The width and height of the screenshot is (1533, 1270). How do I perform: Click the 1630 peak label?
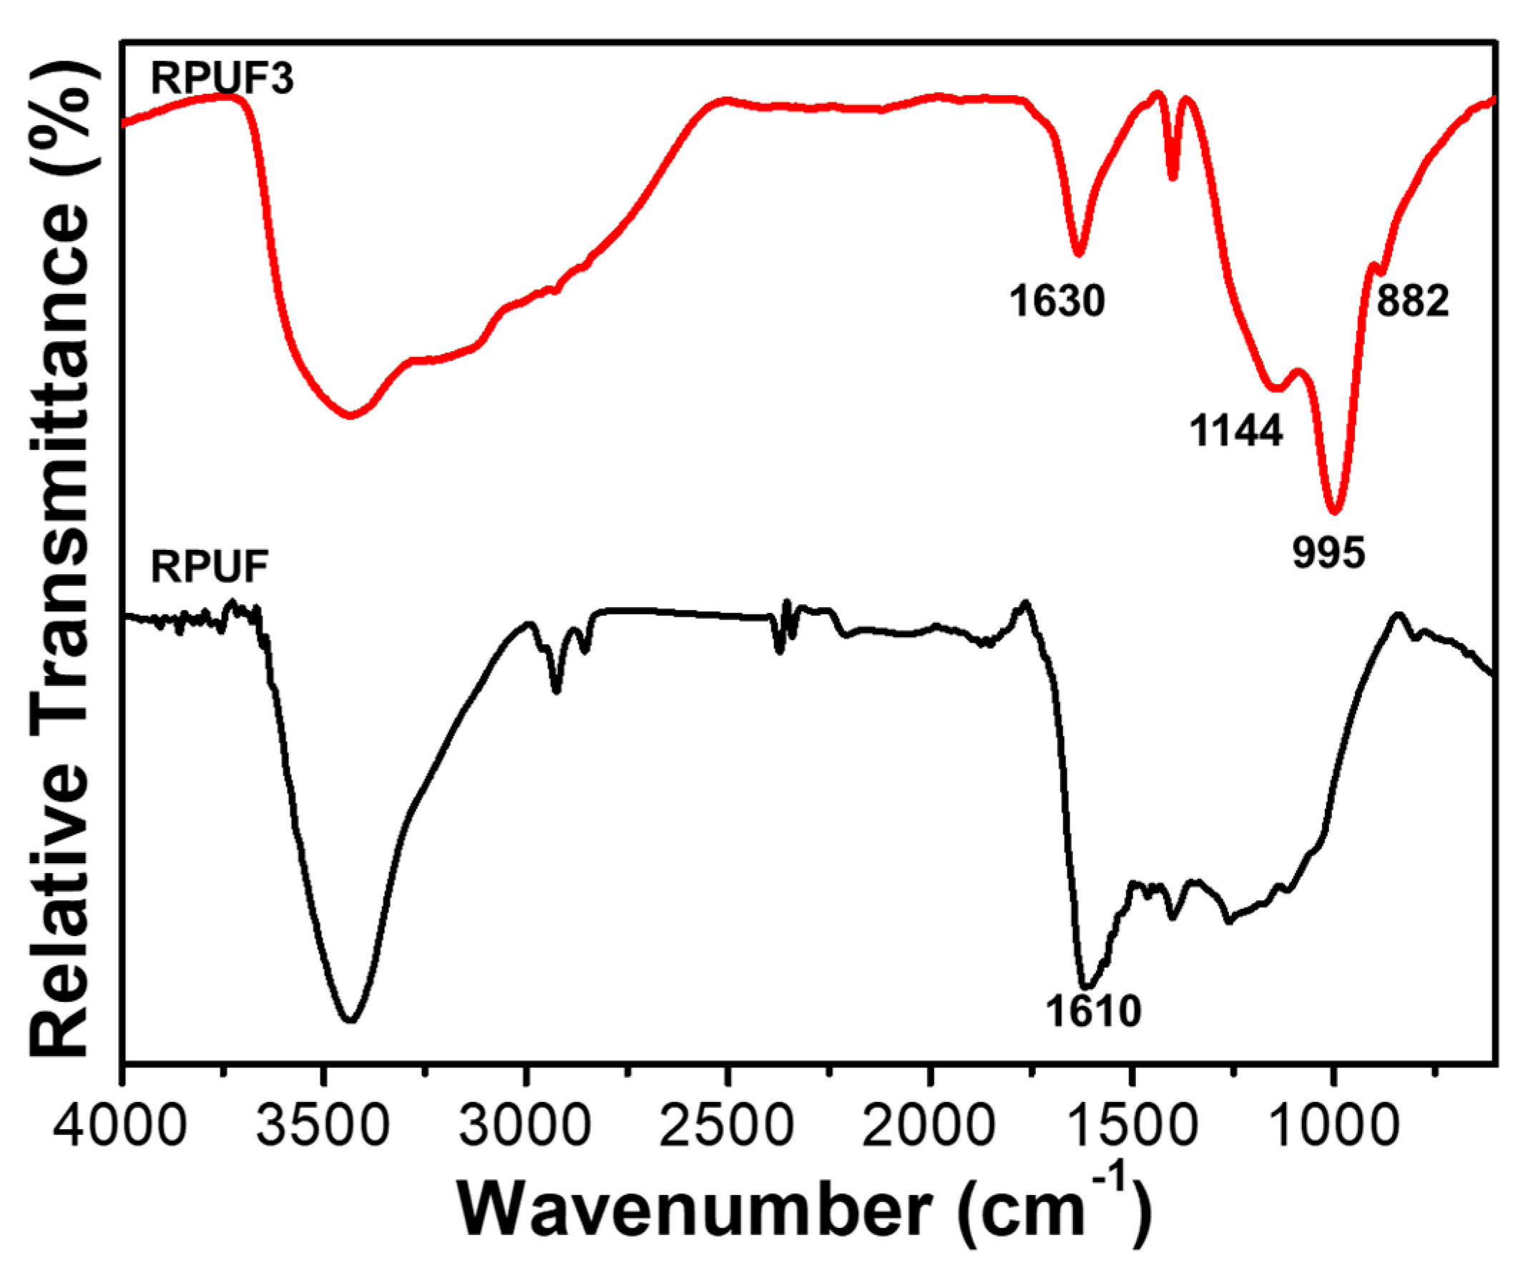(x=1057, y=301)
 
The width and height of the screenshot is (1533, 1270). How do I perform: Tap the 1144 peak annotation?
(x=1236, y=430)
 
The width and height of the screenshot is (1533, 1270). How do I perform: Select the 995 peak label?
(x=1328, y=553)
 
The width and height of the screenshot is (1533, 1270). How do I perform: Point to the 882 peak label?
(x=1412, y=300)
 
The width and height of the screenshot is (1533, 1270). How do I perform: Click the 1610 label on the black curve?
(x=1093, y=1012)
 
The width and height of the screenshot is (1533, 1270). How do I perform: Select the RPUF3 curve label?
(x=222, y=78)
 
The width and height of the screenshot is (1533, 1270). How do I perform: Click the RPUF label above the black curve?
(x=210, y=566)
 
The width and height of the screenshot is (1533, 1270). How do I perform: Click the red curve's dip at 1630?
(x=1078, y=253)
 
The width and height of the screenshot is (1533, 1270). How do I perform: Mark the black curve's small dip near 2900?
(x=557, y=691)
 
